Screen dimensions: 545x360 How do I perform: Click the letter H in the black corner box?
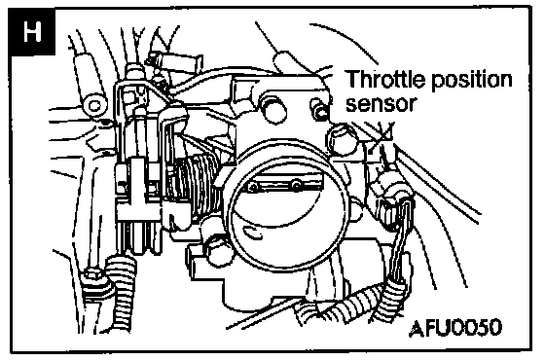32,31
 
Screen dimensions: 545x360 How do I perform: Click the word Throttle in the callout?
385,79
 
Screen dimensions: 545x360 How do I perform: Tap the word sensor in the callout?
381,103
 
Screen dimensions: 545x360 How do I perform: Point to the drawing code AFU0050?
455,327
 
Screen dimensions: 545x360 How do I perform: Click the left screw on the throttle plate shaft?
254,188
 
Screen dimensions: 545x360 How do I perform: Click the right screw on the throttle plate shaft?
296,184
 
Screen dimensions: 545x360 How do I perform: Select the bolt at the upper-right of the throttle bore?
341,139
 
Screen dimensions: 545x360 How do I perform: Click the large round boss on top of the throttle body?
275,108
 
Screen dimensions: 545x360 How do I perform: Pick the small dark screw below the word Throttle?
320,109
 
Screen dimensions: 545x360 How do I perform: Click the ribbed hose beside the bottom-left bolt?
123,292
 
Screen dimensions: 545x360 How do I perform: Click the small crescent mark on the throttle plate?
253,233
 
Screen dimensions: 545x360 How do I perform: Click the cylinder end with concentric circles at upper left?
94,105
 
